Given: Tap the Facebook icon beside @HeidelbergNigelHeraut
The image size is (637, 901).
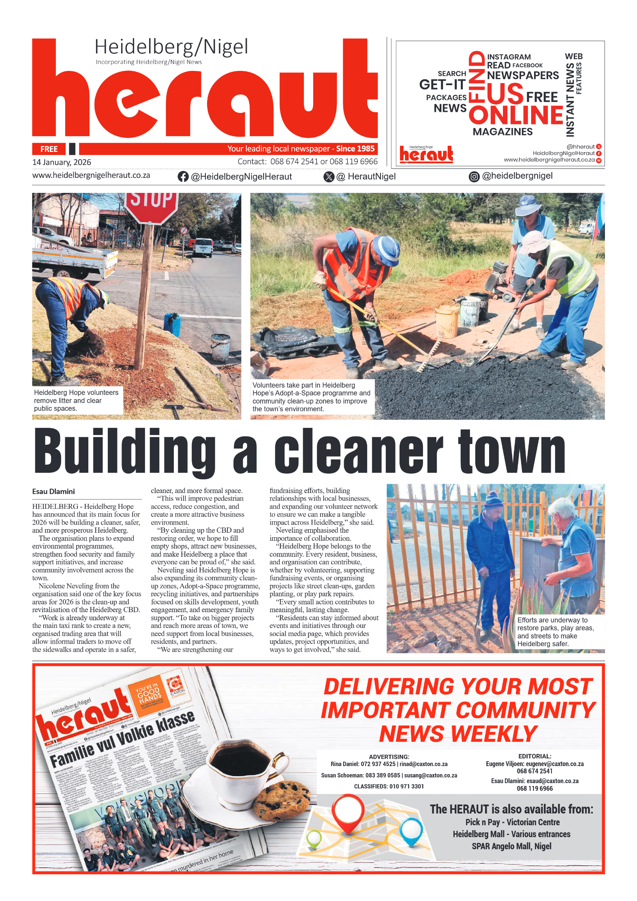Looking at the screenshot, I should click(x=183, y=177).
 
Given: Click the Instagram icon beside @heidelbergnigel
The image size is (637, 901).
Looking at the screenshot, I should click(x=474, y=177).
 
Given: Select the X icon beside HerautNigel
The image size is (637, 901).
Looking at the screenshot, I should click(x=329, y=177).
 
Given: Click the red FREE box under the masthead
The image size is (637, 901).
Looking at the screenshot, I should click(x=49, y=149).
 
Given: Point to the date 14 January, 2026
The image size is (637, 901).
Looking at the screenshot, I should click(x=62, y=162).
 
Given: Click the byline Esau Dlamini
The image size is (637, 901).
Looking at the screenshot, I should click(x=53, y=491).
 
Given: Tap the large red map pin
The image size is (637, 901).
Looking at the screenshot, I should click(x=348, y=812).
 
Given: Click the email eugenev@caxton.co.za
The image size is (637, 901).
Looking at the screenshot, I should click(x=555, y=764).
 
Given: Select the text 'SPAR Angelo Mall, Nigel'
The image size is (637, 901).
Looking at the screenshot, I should click(x=511, y=846).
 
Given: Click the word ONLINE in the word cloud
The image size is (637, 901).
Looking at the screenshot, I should click(x=516, y=115).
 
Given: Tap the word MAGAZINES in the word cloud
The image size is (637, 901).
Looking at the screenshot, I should click(x=502, y=132).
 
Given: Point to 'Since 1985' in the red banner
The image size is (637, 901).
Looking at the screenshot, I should click(x=355, y=149).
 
